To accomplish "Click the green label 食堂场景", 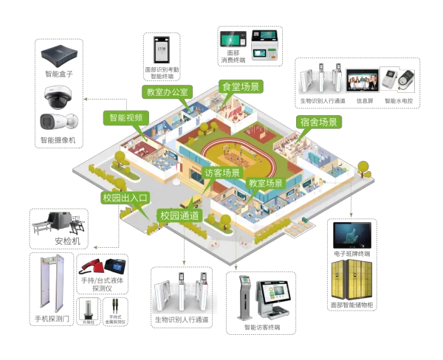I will (241, 86).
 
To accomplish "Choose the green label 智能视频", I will (127, 117).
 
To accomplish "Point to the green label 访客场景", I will (222, 173).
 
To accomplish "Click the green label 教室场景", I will (265, 182).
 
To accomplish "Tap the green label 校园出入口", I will (126, 198).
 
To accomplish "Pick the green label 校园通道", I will (179, 215).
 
